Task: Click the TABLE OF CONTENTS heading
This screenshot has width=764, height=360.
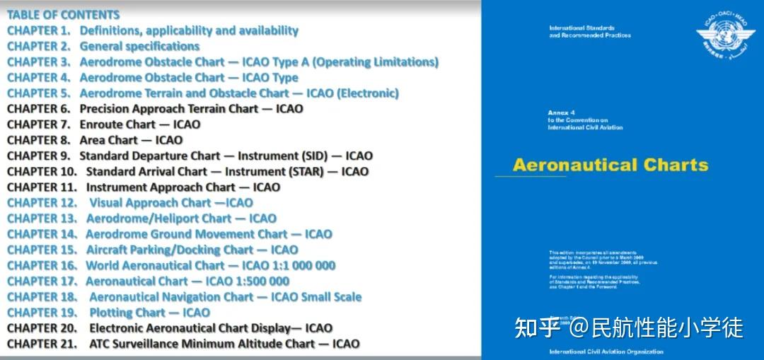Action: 64,15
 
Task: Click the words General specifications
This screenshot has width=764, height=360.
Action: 139,46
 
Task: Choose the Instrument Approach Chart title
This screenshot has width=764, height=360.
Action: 161,187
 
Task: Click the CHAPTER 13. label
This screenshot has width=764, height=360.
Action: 42,219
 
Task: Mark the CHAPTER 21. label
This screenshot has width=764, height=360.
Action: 42,344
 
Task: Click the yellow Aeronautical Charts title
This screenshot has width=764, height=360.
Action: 610,166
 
